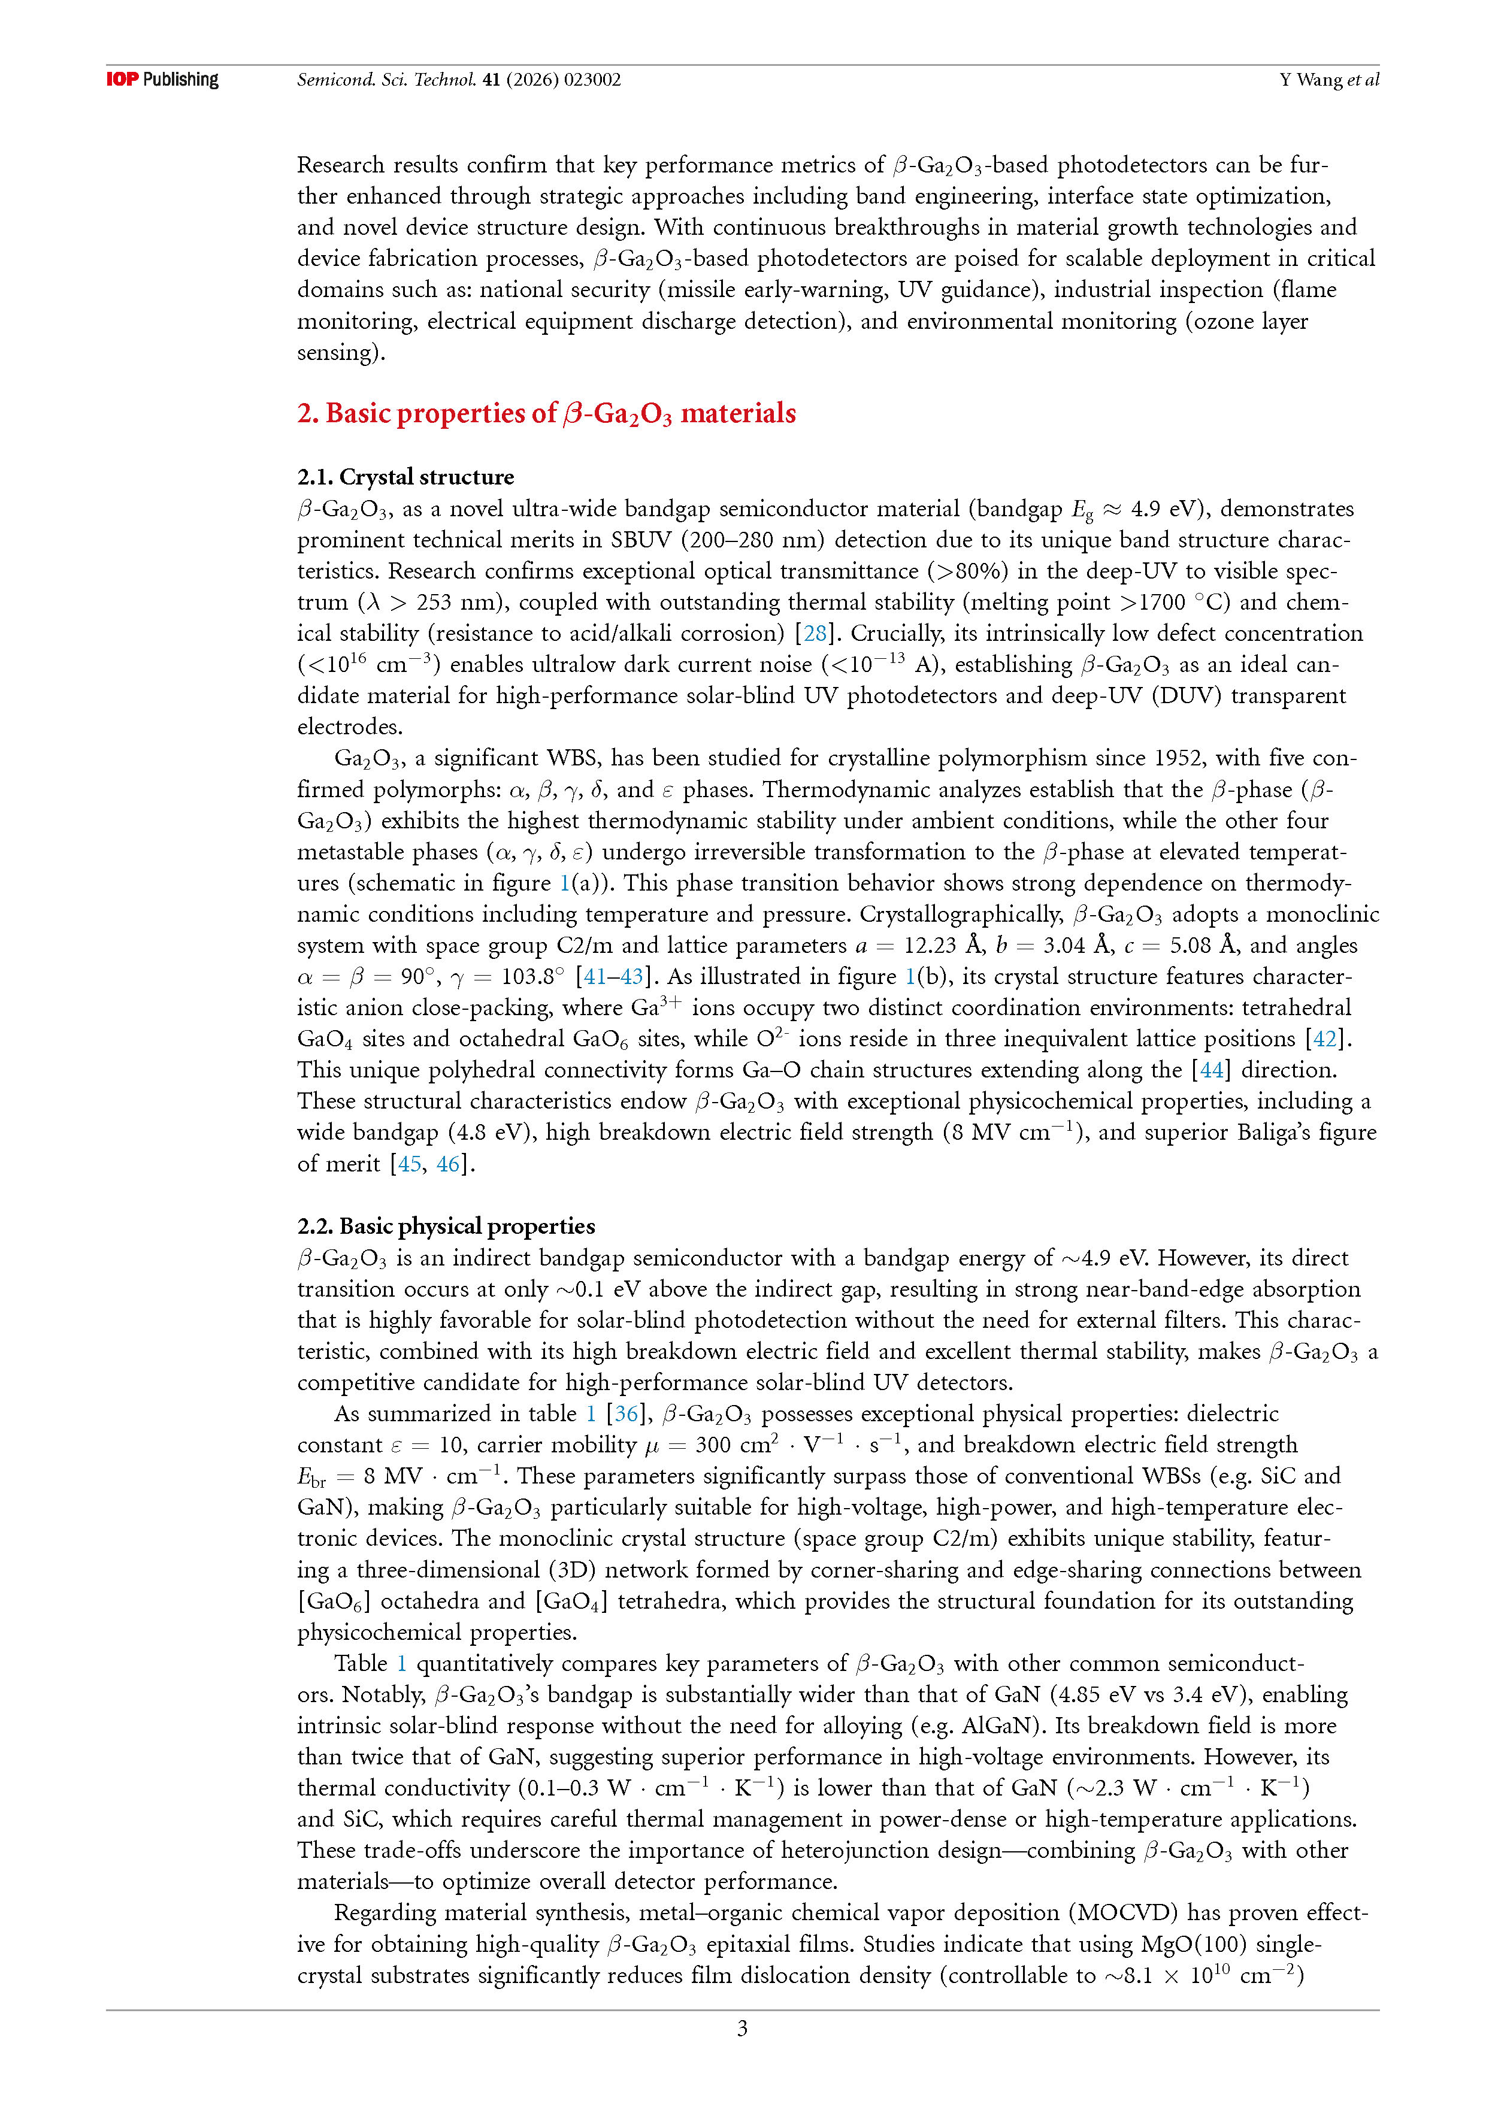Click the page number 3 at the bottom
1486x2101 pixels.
(x=742, y=2029)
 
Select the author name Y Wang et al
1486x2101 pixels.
(x=1328, y=80)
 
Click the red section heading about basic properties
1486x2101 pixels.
(x=546, y=414)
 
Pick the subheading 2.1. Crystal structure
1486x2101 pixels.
(x=405, y=477)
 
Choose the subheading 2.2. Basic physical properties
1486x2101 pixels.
(x=446, y=1226)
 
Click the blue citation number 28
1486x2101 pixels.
(x=815, y=633)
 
